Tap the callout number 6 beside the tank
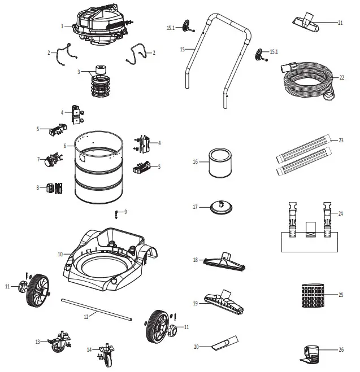65,146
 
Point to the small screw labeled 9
116,213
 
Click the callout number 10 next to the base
59,255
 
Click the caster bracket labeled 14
104,353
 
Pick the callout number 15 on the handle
183,50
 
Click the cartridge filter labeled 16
218,162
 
